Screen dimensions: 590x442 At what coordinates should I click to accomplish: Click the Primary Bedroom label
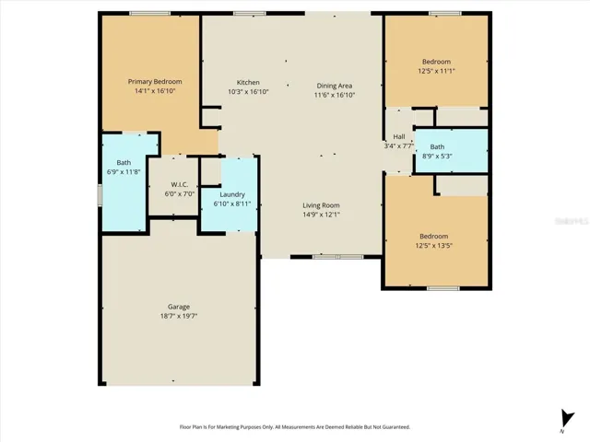[155, 82]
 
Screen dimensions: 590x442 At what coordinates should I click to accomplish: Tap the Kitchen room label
[248, 82]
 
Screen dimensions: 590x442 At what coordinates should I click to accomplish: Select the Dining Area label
[334, 86]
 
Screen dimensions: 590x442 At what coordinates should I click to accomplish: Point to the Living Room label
[322, 205]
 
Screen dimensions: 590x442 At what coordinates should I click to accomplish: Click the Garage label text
[179, 307]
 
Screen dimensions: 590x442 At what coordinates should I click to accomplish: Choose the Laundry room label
[232, 194]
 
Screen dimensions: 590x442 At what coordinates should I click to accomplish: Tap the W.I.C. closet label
[180, 184]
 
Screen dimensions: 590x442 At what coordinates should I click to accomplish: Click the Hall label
[399, 136]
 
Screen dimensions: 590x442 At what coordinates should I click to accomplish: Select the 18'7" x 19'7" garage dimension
[179, 316]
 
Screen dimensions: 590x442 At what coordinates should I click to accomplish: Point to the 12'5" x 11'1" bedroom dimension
[436, 71]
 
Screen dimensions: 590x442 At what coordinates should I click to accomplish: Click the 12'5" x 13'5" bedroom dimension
[434, 246]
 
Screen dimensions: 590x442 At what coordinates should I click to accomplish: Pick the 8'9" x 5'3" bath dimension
[437, 156]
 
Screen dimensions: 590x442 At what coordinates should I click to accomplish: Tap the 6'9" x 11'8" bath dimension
[124, 172]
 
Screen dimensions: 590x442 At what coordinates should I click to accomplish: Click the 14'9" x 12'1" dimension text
[322, 215]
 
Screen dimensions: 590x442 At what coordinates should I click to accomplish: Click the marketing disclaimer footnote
[295, 427]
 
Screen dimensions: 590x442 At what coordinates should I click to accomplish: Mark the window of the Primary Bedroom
[149, 14]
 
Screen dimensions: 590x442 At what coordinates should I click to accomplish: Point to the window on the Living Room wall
[338, 257]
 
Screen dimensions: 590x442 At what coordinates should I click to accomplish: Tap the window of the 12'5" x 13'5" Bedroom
[442, 288]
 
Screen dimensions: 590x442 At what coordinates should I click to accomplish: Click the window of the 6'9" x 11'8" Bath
[100, 194]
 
